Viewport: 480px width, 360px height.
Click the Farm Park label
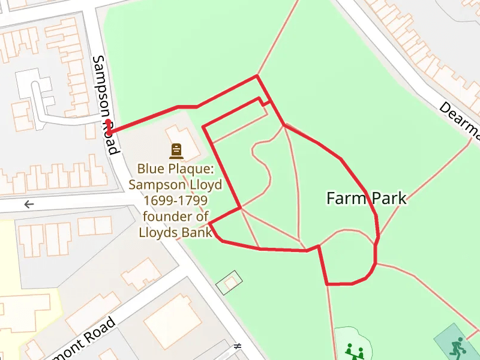[x=366, y=198]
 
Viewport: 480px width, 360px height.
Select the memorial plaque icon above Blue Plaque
[x=176, y=151]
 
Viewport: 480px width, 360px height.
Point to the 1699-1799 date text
[x=175, y=200]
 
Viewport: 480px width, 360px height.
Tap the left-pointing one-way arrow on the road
[x=29, y=205]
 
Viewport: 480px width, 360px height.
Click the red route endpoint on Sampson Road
[x=108, y=126]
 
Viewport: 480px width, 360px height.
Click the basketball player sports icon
[x=457, y=346]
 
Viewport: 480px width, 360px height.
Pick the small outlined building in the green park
[x=229, y=283]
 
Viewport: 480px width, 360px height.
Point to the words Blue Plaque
[x=175, y=169]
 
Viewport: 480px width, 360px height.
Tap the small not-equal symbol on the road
[x=238, y=346]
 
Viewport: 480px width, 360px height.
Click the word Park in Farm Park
[x=388, y=198]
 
